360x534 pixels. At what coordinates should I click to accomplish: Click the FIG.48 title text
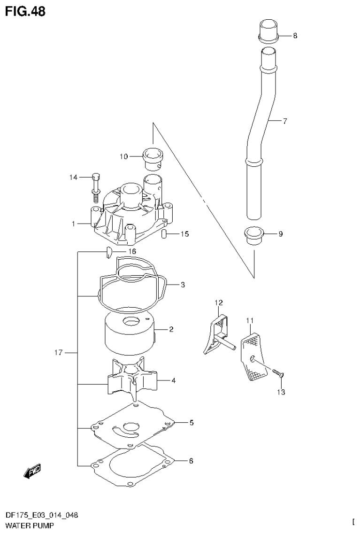pyautogui.click(x=25, y=11)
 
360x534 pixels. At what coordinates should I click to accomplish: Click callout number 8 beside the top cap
pyautogui.click(x=295, y=36)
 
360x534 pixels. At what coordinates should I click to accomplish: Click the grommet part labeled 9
pyautogui.click(x=254, y=234)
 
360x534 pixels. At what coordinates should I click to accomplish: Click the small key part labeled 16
pyautogui.click(x=107, y=252)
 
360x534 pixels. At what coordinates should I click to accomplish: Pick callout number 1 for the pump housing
pyautogui.click(x=73, y=224)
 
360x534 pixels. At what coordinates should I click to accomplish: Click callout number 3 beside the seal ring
pyautogui.click(x=183, y=285)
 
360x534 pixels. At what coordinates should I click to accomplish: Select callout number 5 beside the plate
pyautogui.click(x=191, y=423)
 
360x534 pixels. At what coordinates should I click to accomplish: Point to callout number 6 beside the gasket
pyautogui.click(x=191, y=461)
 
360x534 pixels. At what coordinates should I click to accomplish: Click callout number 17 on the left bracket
pyautogui.click(x=58, y=352)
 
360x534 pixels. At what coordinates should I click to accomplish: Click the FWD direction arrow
pyautogui.click(x=31, y=472)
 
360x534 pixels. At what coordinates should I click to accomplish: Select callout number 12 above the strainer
pyautogui.click(x=219, y=302)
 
